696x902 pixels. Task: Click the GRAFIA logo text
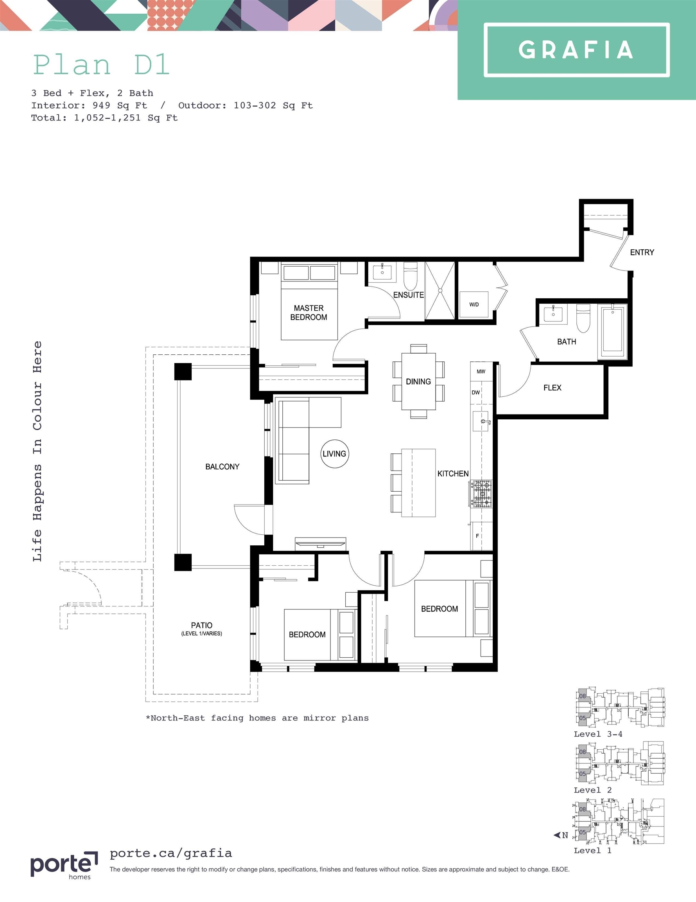coord(576,50)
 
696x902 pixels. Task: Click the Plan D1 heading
coord(101,65)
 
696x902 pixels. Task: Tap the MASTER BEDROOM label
coord(309,313)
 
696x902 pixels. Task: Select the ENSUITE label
coord(409,295)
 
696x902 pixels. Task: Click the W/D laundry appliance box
coord(474,304)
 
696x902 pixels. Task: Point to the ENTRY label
coord(642,253)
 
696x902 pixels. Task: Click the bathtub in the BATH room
coord(613,330)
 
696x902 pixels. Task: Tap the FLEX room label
coord(552,388)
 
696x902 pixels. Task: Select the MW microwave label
coord(481,371)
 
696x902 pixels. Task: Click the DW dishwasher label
coord(476,392)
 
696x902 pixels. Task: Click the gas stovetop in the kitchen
coord(481,494)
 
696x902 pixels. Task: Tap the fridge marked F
coord(481,536)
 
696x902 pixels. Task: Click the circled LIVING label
coord(335,454)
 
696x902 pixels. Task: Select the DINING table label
coord(418,382)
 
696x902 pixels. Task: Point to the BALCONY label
coord(222,467)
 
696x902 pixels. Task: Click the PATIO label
coord(202,625)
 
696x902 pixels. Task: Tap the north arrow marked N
coord(561,835)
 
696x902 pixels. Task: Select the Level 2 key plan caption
coord(592,790)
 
